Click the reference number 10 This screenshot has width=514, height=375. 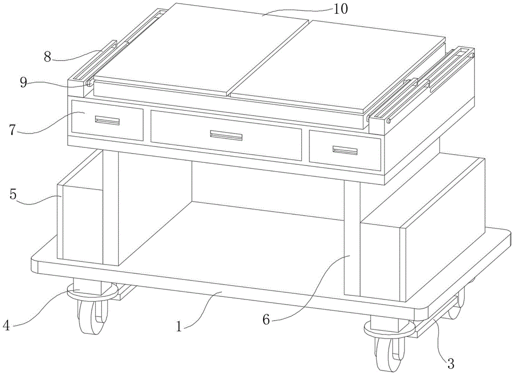pyautogui.click(x=341, y=9)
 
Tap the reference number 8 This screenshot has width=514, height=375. pyautogui.click(x=48, y=58)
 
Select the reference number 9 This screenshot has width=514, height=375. pyautogui.click(x=24, y=83)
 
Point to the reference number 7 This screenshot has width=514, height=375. pyautogui.click(x=12, y=130)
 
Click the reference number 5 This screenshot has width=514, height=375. pyautogui.click(x=13, y=195)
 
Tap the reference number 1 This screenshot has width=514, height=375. pyautogui.click(x=179, y=326)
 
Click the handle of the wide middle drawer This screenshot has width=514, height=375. pyautogui.click(x=226, y=135)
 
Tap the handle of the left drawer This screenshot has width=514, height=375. pyautogui.click(x=107, y=121)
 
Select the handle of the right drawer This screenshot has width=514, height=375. pyautogui.click(x=345, y=151)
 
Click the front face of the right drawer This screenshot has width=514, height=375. pyautogui.click(x=345, y=151)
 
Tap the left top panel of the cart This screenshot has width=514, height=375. pyautogui.click(x=200, y=49)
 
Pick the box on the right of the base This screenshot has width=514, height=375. pyautogui.click(x=421, y=229)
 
